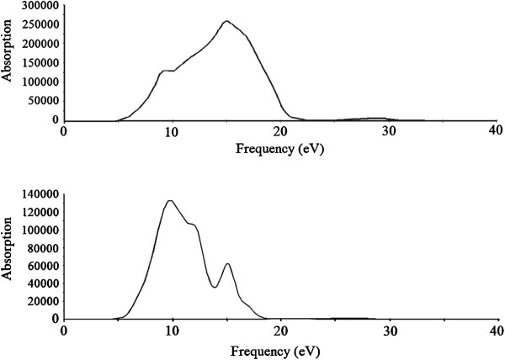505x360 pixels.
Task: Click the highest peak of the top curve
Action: (226, 21)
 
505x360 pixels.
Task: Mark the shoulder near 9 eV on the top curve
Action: (163, 71)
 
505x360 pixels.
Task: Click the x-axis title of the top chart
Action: (279, 149)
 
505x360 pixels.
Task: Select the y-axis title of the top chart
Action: (7, 50)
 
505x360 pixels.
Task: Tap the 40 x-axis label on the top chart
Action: (495, 130)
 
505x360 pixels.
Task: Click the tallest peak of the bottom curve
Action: (170, 201)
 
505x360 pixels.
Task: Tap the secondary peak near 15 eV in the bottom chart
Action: (228, 264)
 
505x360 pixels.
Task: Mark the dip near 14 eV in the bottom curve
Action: (215, 287)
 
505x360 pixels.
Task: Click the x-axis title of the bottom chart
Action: (274, 352)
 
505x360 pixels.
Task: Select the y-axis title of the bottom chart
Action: (7, 249)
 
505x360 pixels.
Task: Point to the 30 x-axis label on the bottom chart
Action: (390, 331)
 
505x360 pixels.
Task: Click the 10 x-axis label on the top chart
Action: (173, 130)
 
